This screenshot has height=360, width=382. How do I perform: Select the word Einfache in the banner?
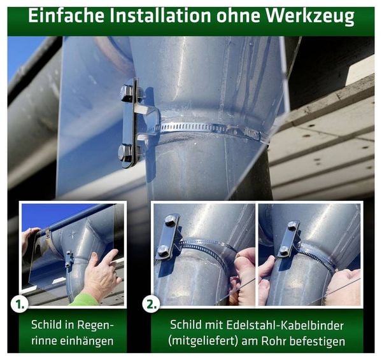click(66, 16)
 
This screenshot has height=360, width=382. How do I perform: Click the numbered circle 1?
click(19, 304)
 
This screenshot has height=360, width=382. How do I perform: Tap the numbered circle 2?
click(151, 304)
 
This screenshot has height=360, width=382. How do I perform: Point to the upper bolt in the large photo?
click(127, 93)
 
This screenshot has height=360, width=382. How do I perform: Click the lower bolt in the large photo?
click(125, 153)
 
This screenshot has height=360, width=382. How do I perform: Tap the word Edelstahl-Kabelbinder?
click(285, 325)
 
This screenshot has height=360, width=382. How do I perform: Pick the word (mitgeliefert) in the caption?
click(203, 341)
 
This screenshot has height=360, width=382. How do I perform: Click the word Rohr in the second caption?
click(274, 341)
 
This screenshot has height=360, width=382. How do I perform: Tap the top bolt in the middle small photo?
click(170, 221)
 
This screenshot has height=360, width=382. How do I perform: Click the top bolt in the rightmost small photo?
click(293, 226)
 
